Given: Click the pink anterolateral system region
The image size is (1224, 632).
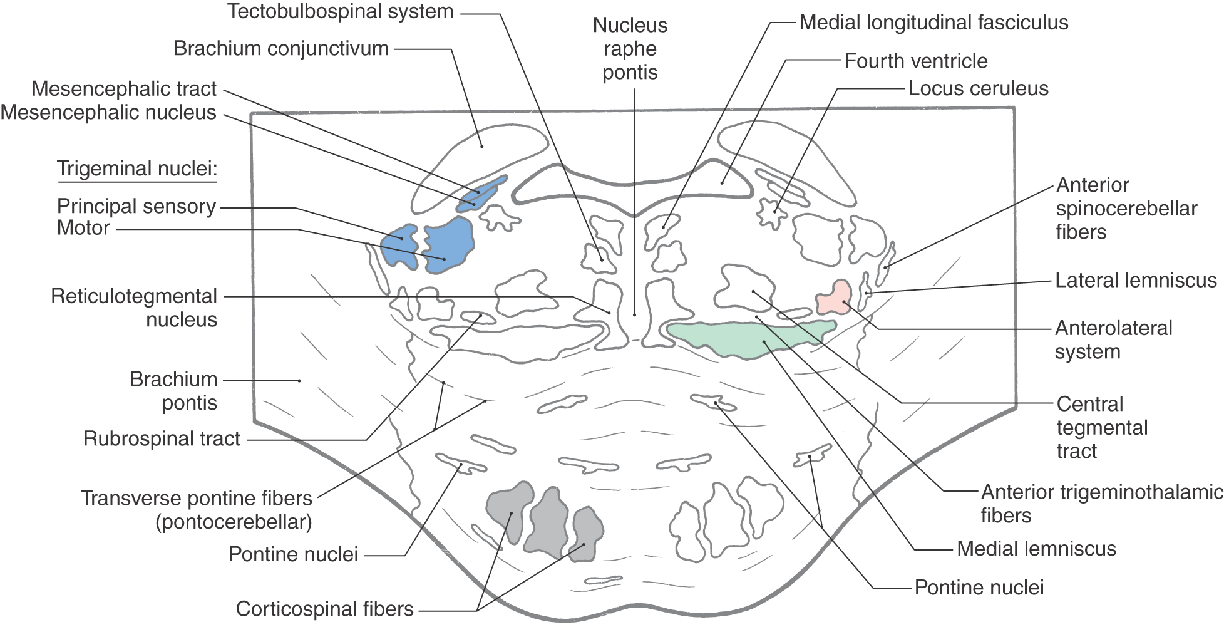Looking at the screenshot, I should (835, 298).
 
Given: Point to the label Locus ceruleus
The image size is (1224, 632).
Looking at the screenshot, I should (978, 88).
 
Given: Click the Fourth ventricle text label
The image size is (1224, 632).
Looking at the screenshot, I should (916, 61).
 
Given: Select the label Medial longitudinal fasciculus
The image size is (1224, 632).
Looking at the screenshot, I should (933, 23).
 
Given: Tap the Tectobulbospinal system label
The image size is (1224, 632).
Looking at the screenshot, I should (340, 11).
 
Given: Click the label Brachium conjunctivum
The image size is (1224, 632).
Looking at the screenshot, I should (281, 48).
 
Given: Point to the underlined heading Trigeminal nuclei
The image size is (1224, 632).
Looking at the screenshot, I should (136, 168).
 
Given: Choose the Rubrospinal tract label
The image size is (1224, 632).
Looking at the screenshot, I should (162, 438).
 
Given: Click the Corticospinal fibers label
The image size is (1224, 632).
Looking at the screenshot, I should (324, 609).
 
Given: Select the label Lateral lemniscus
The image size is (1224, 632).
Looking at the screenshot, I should (1136, 280).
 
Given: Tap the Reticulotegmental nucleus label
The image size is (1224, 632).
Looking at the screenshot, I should (135, 308).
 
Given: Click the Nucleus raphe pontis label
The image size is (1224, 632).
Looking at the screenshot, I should (630, 49).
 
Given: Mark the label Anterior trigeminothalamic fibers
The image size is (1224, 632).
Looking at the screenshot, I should (1101, 504).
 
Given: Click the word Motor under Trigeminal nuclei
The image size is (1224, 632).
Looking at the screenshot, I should (83, 227).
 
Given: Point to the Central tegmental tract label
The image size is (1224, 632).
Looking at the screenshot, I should (1102, 427).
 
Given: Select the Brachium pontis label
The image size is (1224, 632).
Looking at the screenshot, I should (174, 391).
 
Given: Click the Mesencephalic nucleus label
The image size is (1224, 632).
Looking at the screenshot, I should (108, 113).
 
